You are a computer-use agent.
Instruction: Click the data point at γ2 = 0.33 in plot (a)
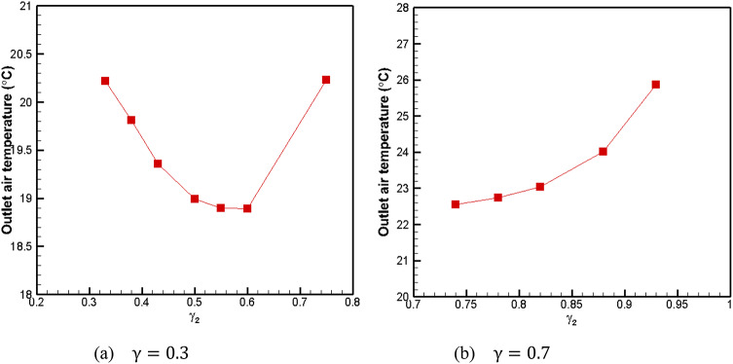pos(105,81)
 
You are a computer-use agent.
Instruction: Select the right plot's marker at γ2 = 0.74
pos(455,204)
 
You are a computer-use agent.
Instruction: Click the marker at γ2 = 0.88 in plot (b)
pos(604,151)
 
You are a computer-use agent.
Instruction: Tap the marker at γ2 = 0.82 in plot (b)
pos(540,186)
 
